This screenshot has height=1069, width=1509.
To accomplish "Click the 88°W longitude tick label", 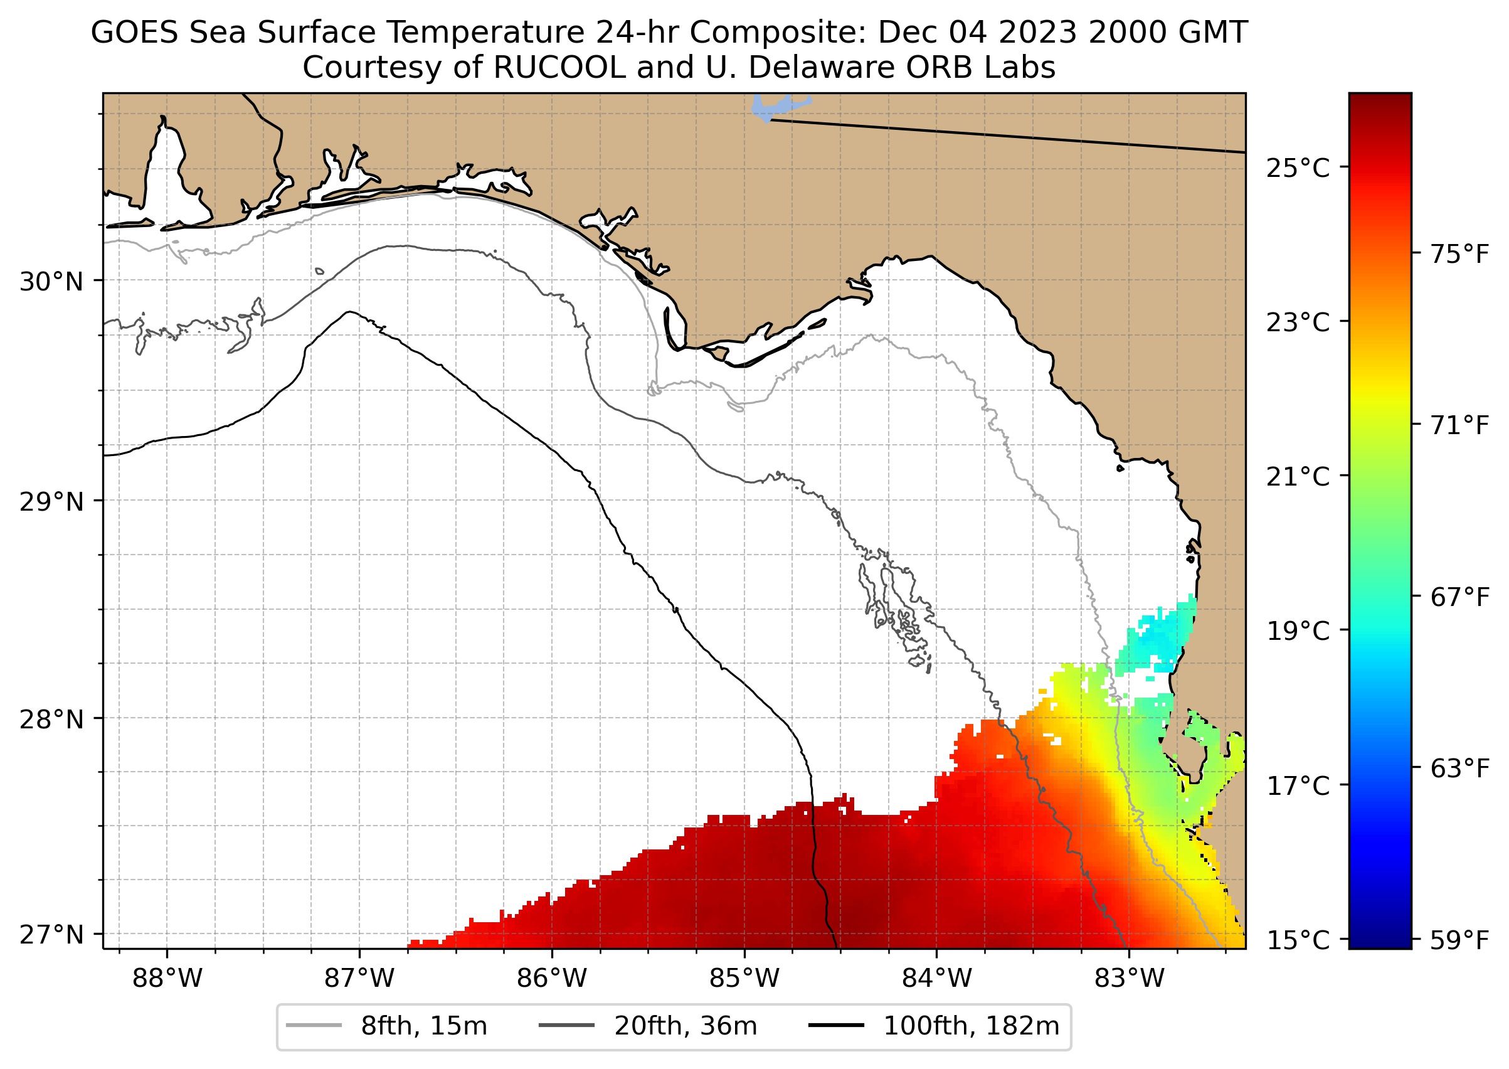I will [167, 979].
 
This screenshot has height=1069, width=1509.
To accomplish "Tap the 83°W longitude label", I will [1130, 979].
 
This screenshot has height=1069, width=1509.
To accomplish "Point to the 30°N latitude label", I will [51, 282].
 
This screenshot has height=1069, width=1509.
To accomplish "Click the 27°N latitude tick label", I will [51, 935].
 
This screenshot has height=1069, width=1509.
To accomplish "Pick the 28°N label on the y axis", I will [51, 720].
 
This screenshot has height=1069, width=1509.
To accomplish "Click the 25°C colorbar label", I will [1298, 169].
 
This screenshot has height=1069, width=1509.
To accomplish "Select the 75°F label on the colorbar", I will [1459, 254].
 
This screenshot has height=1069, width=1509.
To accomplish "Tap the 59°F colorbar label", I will [1459, 940].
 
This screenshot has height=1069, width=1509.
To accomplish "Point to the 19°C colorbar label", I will [1298, 631].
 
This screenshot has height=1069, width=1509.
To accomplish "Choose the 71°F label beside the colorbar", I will [1459, 426].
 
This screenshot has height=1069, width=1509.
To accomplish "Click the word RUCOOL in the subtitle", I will [559, 68].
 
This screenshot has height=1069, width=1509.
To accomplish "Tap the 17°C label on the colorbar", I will [1298, 785].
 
